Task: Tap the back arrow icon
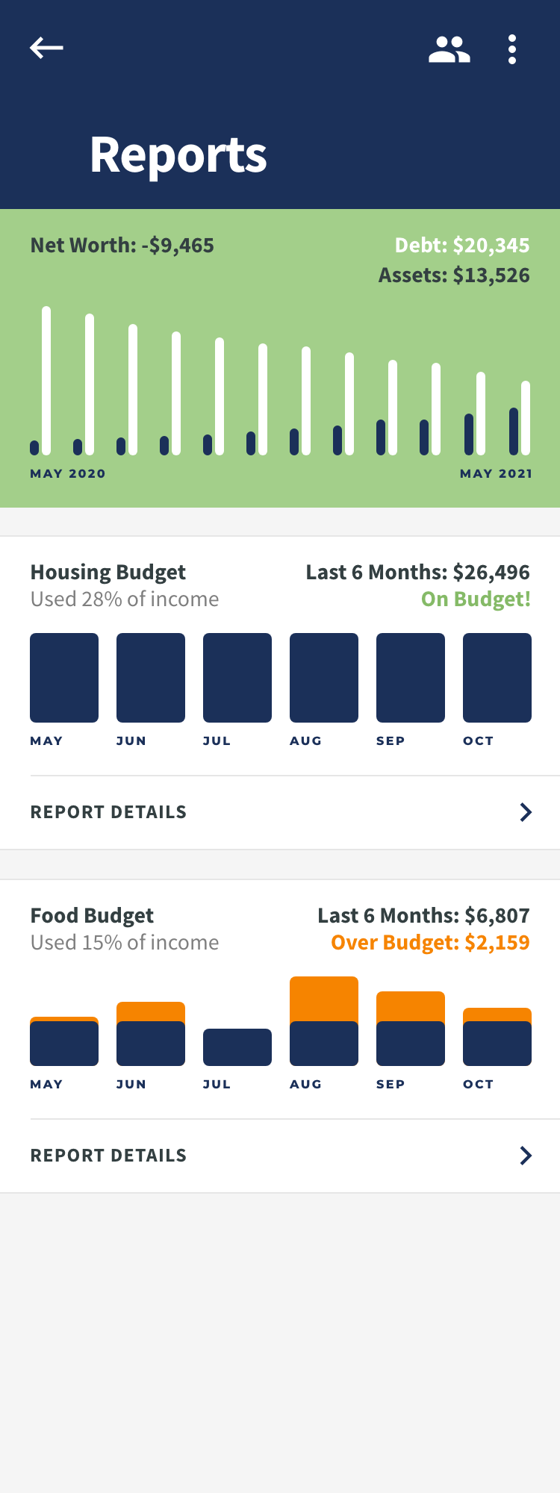pyautogui.click(x=46, y=48)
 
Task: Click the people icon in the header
pyautogui.click(x=449, y=49)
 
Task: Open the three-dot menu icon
pyautogui.click(x=512, y=49)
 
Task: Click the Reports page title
pyautogui.click(x=178, y=155)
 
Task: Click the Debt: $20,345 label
pyautogui.click(x=461, y=246)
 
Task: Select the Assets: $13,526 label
pyautogui.click(x=454, y=275)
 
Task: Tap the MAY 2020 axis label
pyautogui.click(x=68, y=473)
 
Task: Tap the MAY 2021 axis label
pyautogui.click(x=496, y=473)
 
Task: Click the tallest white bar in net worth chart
pyautogui.click(x=46, y=381)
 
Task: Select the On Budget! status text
pyautogui.click(x=476, y=599)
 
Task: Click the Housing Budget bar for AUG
pyautogui.click(x=324, y=678)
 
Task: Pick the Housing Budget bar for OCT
pyautogui.click(x=497, y=678)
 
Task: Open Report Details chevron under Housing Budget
pyautogui.click(x=526, y=812)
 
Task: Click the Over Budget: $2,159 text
pyautogui.click(x=430, y=943)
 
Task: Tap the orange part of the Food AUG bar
pyautogui.click(x=324, y=999)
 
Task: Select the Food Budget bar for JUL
pyautogui.click(x=237, y=1047)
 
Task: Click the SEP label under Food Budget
pyautogui.click(x=391, y=1084)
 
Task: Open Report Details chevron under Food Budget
pyautogui.click(x=526, y=1156)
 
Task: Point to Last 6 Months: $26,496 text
pyautogui.click(x=417, y=573)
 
